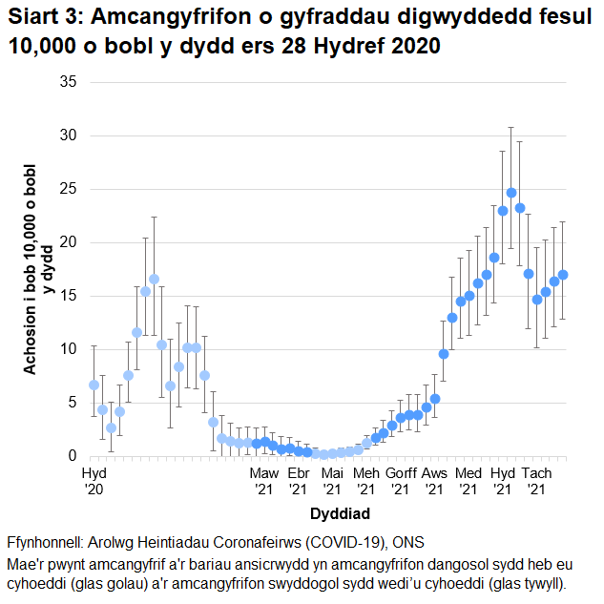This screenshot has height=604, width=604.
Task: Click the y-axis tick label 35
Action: point(68,82)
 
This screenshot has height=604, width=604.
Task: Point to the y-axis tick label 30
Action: point(68,135)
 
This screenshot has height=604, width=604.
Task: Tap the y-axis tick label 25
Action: point(68,189)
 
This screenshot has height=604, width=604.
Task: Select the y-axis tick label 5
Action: point(72,403)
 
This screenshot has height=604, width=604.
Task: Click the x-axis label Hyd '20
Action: point(94,481)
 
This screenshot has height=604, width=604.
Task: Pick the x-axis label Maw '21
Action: point(264,481)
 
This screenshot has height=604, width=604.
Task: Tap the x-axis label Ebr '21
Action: point(299,481)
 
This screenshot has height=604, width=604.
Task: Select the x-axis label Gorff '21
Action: point(401,481)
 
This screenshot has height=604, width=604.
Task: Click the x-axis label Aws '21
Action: point(434,481)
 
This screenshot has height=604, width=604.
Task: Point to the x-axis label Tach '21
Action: point(536,481)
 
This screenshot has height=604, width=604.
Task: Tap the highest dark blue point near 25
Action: point(511,193)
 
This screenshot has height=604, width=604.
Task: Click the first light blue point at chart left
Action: point(94,385)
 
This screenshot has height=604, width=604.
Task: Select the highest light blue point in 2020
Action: point(154,280)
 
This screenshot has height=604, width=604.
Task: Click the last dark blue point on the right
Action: point(563,275)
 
